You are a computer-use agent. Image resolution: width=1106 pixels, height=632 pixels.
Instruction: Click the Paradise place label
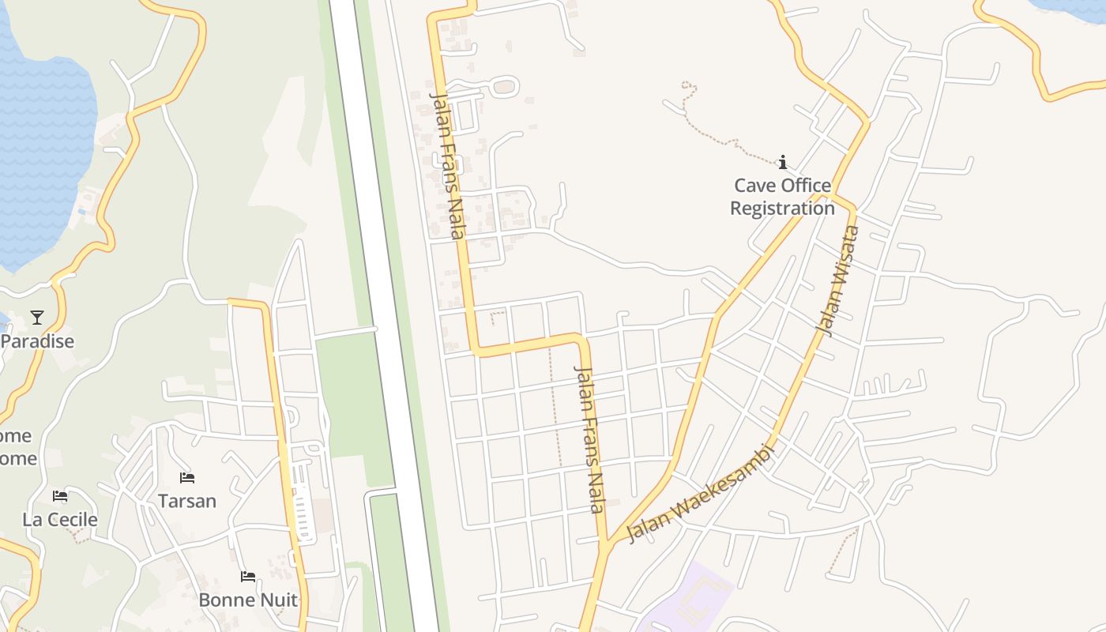click(x=38, y=341)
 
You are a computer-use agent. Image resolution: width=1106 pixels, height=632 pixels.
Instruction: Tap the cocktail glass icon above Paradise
click(x=37, y=318)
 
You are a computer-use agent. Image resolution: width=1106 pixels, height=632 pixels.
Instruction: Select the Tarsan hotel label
click(x=187, y=501)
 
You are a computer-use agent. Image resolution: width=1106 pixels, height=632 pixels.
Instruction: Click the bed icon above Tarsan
click(x=187, y=478)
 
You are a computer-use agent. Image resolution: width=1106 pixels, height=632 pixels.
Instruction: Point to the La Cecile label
click(x=60, y=520)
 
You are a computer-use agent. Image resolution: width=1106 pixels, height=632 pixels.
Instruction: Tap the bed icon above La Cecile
click(x=60, y=496)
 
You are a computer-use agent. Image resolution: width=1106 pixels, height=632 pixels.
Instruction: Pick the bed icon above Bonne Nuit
click(x=248, y=577)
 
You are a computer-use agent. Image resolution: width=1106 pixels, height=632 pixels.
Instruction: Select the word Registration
click(x=782, y=209)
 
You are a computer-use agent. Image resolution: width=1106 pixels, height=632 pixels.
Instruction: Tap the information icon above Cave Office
click(x=783, y=163)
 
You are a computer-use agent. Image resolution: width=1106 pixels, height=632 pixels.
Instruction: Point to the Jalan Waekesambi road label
click(x=700, y=494)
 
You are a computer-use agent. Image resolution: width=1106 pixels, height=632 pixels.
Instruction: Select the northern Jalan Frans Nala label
click(x=446, y=164)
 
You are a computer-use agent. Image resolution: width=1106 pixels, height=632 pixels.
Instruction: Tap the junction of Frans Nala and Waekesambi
click(x=607, y=543)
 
